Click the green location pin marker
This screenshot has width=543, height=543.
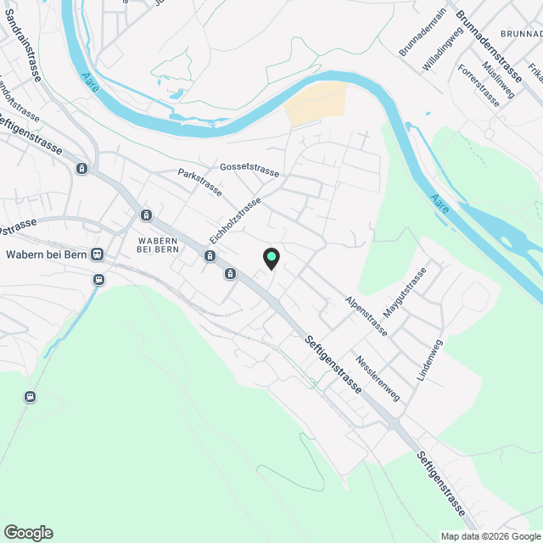click(x=271, y=258)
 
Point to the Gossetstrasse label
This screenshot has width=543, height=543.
click(x=249, y=171)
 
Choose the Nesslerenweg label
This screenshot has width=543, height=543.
click(x=378, y=377)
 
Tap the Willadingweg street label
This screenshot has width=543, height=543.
click(x=444, y=52)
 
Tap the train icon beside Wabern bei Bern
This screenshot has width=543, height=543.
click(x=98, y=254)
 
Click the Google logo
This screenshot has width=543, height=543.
click(x=28, y=533)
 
